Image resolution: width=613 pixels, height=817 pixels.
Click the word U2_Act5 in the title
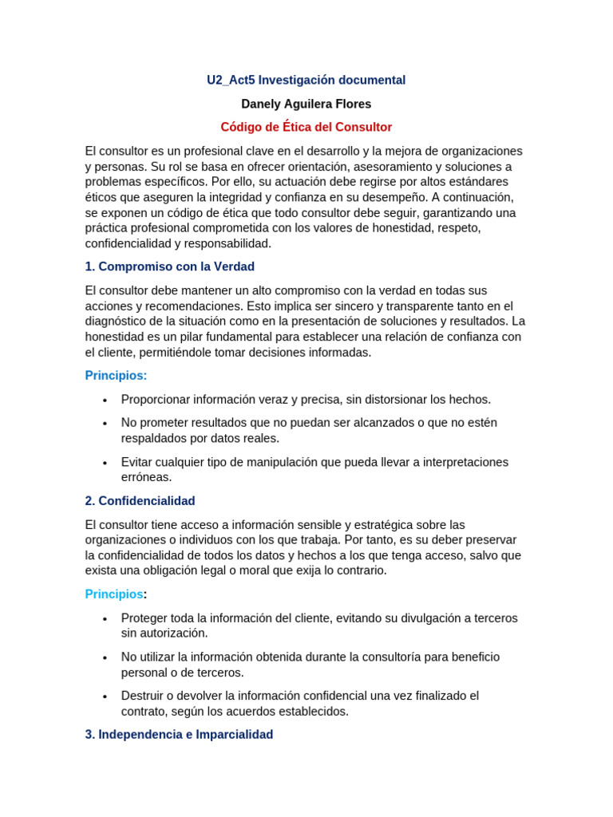pos(231,80)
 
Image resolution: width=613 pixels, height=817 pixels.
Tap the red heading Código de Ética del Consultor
pos(306,127)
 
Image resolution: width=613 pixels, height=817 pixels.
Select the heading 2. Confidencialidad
pos(140,501)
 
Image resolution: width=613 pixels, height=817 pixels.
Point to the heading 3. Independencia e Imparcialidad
pos(179,734)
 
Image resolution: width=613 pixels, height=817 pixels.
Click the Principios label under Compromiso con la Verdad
pos(116,376)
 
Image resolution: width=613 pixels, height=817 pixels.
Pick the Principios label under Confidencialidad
pos(114,594)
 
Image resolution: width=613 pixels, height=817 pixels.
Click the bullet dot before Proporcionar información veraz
pos(105,401)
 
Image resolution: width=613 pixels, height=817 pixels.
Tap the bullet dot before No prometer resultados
pos(105,424)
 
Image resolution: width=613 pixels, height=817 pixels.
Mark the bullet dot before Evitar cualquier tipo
pos(105,463)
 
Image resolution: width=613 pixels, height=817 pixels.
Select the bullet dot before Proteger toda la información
pos(105,619)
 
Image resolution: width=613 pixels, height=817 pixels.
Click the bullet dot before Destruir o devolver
pos(105,697)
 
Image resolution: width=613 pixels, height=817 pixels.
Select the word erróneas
pos(146,477)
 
